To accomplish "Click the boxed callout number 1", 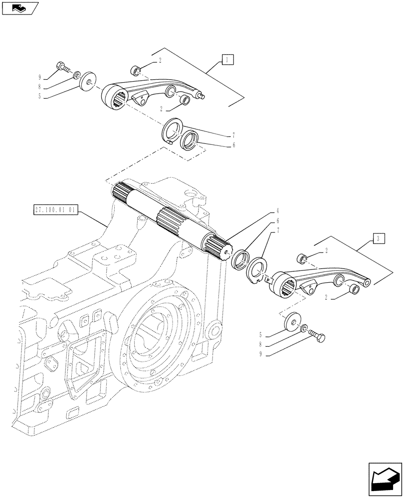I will [x=227, y=61].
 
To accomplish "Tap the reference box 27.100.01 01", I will [x=55, y=210].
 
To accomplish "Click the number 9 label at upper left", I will [x=39, y=77].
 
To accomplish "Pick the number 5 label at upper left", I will [x=39, y=98].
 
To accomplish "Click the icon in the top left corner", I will [x=19, y=7].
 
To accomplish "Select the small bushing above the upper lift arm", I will [x=135, y=69].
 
